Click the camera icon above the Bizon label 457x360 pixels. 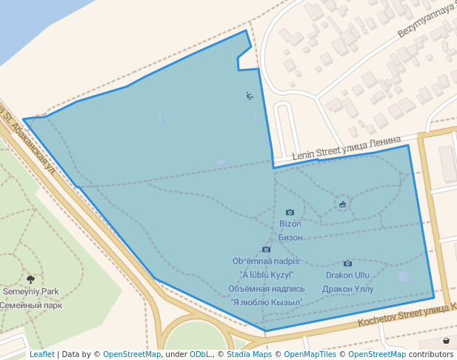pos(290,213)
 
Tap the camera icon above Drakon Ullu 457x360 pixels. pos(347,264)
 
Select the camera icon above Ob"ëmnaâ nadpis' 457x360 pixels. pos(266,250)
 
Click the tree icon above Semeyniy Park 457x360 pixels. pos(30,279)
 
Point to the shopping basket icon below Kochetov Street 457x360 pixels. pos(447,341)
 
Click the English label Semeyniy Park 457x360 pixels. pos(30,292)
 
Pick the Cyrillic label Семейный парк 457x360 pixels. pos(30,305)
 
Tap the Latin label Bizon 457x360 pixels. pos(290,224)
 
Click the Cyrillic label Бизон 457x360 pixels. pos(290,237)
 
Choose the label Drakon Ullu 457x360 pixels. pos(348,276)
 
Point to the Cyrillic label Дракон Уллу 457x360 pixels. pos(348,289)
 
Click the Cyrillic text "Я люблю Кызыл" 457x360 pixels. pos(267,302)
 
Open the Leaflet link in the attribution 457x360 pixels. pos(41,354)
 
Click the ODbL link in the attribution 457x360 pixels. pos(200,354)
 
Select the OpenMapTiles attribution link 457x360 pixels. pos(312,354)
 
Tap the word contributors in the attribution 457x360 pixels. pos(431,354)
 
